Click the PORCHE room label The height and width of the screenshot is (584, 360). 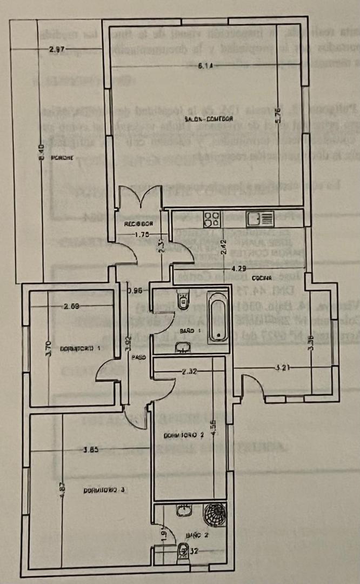point(62,158)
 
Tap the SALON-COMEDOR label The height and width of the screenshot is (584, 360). point(208,119)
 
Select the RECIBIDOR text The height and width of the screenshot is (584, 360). point(139,223)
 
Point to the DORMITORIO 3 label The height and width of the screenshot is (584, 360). point(104,490)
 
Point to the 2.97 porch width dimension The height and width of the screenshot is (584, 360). point(57,50)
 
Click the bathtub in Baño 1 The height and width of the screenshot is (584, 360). point(218,316)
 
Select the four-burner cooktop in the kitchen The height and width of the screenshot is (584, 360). point(212,218)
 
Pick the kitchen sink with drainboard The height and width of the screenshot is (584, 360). point(261,218)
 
